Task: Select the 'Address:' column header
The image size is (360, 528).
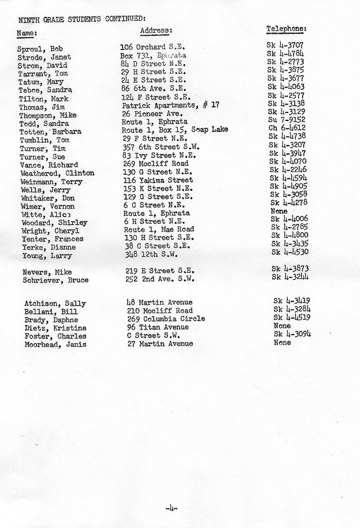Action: tap(156, 30)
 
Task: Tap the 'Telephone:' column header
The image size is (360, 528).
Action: tap(286, 28)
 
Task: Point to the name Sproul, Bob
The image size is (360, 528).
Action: tap(39, 49)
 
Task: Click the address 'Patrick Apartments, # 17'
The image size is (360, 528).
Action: tap(170, 105)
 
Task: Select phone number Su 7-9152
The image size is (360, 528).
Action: tap(286, 119)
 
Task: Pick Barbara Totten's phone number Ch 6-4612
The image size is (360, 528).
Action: tap(286, 128)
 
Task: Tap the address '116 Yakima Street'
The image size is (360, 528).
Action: tap(157, 180)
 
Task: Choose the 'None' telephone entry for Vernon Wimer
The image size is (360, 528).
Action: tap(279, 211)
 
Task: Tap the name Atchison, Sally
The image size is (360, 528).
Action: tap(55, 304)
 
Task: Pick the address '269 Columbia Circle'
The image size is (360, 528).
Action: tap(165, 319)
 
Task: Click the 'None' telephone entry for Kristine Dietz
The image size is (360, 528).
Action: tap(282, 326)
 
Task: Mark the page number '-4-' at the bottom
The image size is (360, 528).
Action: tap(172, 508)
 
